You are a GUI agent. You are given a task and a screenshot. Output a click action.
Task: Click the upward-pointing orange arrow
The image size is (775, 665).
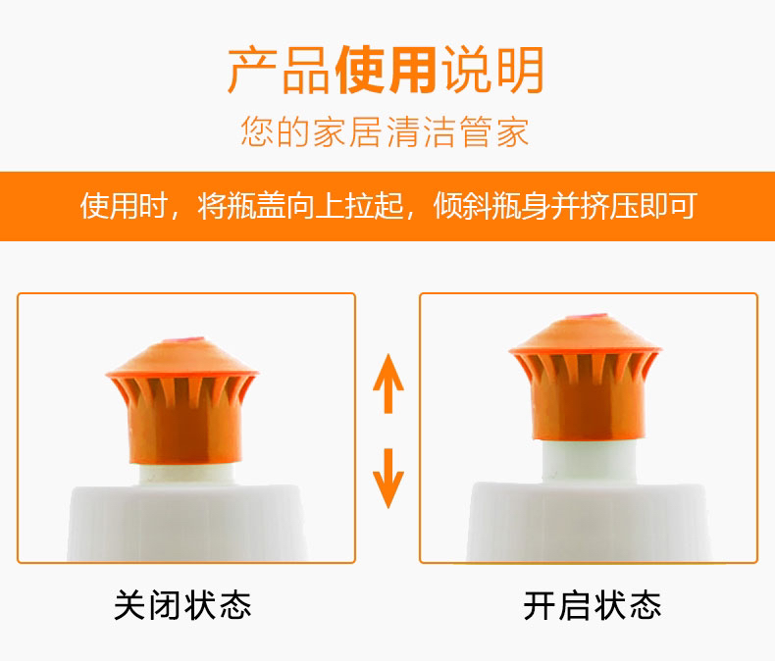388,384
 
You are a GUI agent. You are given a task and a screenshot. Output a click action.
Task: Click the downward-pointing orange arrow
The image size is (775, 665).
388,479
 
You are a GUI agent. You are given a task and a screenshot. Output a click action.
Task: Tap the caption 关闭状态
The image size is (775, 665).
182,605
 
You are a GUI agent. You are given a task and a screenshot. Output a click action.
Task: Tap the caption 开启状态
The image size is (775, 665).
593,605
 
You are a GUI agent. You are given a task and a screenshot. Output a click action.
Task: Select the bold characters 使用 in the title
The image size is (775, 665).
386,71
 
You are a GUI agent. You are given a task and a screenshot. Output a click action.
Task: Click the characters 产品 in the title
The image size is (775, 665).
279,71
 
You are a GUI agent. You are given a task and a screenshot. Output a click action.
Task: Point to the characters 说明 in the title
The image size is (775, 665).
493,71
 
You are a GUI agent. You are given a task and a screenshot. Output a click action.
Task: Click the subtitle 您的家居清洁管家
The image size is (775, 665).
385,131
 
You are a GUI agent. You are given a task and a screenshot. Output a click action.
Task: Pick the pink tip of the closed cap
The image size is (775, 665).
182,340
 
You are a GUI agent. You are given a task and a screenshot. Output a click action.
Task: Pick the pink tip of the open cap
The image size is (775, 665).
587,316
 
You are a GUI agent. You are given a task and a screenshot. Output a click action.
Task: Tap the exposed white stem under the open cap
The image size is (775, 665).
589,461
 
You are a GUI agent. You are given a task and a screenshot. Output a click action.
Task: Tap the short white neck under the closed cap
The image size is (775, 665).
186,475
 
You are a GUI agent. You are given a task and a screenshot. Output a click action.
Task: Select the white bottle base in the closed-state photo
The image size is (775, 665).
186,524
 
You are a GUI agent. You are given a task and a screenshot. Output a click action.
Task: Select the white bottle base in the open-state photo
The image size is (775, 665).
589,523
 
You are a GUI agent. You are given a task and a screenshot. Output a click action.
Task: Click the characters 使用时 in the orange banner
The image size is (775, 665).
124,206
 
